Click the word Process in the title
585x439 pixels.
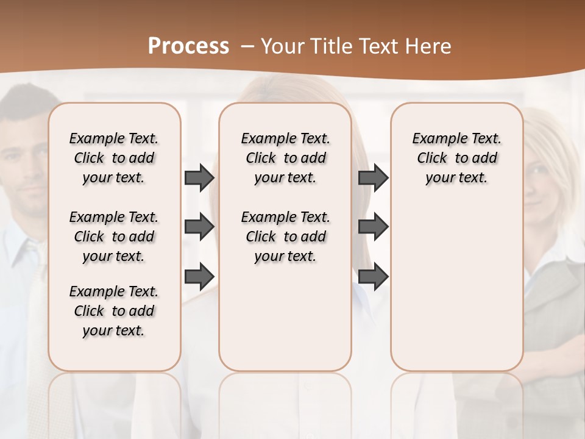[188, 46]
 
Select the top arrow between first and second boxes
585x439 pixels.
[199, 177]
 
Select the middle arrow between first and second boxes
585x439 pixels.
[199, 227]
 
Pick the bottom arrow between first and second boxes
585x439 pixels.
[199, 277]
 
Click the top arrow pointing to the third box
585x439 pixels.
[374, 177]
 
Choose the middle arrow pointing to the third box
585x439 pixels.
[374, 227]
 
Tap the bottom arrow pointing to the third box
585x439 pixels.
[374, 277]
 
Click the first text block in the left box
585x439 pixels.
[114, 158]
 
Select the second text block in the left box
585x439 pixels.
[114, 237]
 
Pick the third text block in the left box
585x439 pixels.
[114, 311]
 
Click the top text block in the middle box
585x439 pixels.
[285, 158]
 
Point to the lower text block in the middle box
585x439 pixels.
[285, 237]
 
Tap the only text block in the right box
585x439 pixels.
[456, 158]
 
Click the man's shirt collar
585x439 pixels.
[27, 250]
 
